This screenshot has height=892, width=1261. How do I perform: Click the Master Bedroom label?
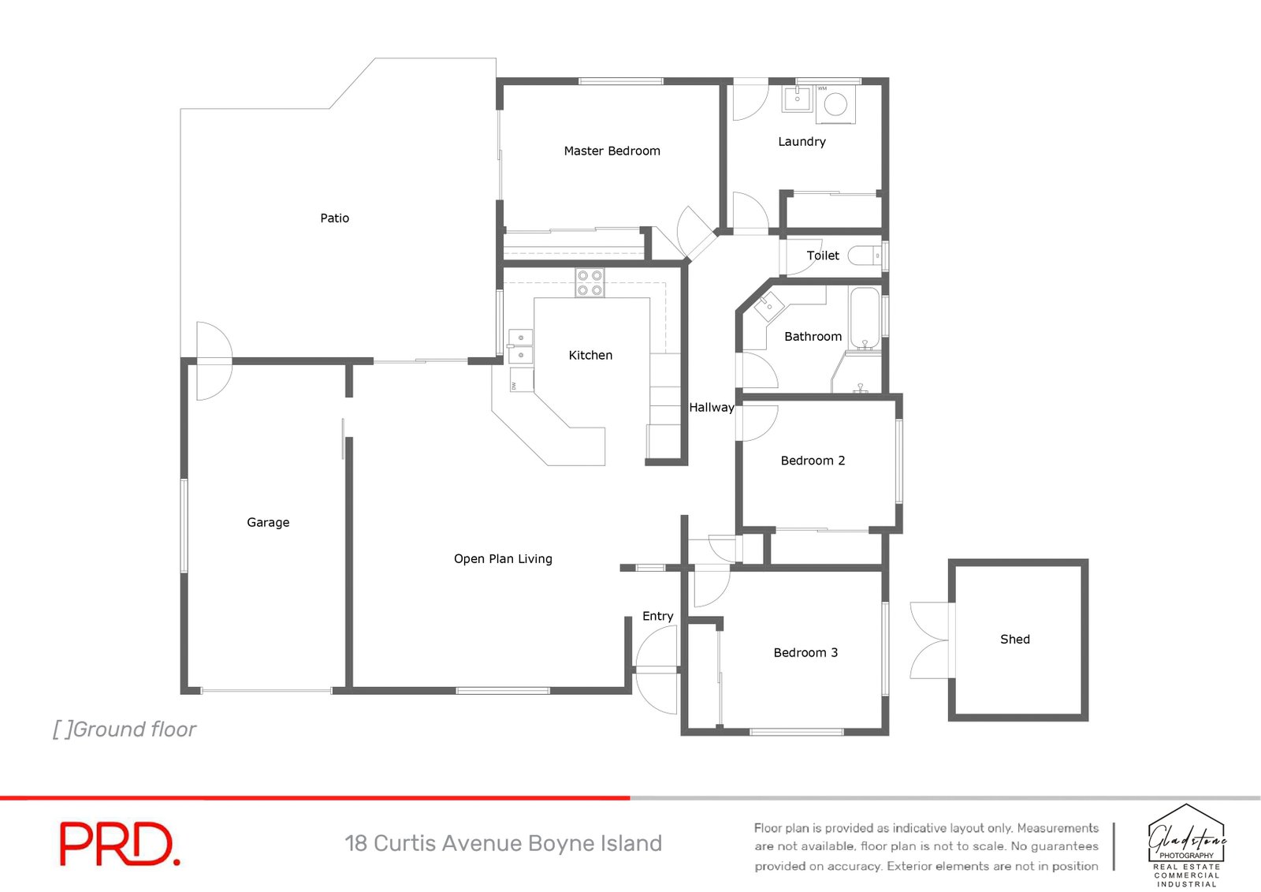612,151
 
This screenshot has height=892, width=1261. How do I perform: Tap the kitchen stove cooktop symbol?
590,282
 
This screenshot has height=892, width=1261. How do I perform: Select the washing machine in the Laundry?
835,104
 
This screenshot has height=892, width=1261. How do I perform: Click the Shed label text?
1014,639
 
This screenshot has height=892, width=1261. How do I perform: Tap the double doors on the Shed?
931,640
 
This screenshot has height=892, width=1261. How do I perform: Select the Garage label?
268,522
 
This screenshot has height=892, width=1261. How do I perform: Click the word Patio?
334,218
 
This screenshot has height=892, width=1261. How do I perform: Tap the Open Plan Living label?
503,558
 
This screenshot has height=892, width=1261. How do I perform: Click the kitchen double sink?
520,346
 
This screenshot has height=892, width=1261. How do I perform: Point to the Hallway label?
711,407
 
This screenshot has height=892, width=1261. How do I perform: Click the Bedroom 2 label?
813,461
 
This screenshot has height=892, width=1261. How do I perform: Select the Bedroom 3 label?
805,652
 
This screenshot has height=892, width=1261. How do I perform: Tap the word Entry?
657,616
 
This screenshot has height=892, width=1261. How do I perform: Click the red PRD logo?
120,844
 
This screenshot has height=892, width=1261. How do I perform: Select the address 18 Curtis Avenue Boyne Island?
503,843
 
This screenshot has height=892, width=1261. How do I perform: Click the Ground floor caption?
125,730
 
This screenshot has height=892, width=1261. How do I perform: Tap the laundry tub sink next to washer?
797,100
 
